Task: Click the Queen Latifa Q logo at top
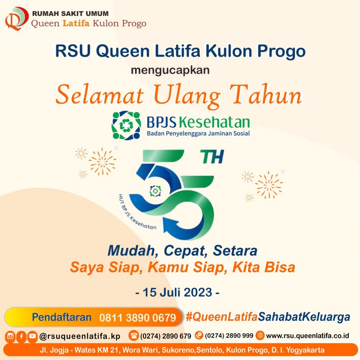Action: point(15,18)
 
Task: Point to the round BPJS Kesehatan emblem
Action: point(126,126)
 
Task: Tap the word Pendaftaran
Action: point(61,317)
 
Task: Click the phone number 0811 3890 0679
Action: point(137,318)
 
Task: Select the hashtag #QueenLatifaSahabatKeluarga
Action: point(268,317)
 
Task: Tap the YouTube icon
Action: point(32,336)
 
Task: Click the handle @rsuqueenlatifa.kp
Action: point(80,336)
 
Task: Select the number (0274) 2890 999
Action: point(229,336)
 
